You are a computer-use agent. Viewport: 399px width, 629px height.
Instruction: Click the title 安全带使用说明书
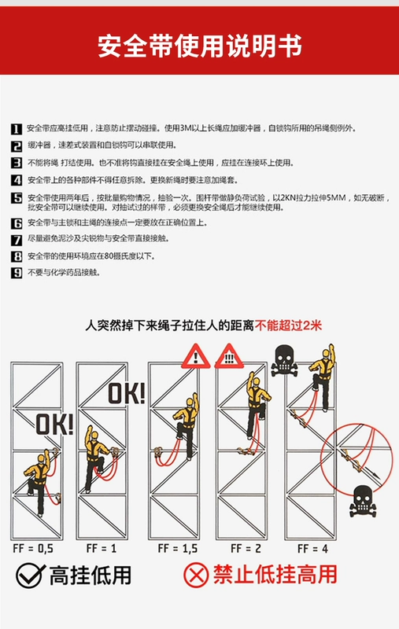[200, 46]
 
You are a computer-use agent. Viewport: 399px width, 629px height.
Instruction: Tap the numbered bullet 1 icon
[17, 129]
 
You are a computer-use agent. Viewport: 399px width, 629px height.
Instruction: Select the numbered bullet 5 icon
[17, 198]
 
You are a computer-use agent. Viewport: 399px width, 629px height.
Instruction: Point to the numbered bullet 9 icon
[17, 273]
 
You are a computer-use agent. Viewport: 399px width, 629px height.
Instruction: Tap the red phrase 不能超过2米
[288, 326]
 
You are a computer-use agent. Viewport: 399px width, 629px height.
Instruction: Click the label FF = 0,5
[33, 548]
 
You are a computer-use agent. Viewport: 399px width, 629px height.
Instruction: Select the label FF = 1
[102, 548]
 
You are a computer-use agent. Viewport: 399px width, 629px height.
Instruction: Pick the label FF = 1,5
[177, 548]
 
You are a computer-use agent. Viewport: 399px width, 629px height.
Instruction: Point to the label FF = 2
[246, 548]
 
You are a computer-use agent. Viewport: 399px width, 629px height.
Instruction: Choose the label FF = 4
[312, 548]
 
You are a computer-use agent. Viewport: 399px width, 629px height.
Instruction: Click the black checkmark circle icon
[29, 576]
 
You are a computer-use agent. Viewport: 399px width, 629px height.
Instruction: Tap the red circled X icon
[196, 576]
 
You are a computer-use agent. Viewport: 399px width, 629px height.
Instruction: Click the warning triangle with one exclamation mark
[195, 357]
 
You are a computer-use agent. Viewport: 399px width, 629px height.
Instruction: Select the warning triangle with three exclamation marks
[229, 357]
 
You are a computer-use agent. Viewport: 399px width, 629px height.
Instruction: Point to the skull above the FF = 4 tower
[284, 360]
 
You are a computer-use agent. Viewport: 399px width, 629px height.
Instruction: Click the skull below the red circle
[363, 501]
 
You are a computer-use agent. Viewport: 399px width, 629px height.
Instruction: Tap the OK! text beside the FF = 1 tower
[126, 393]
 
